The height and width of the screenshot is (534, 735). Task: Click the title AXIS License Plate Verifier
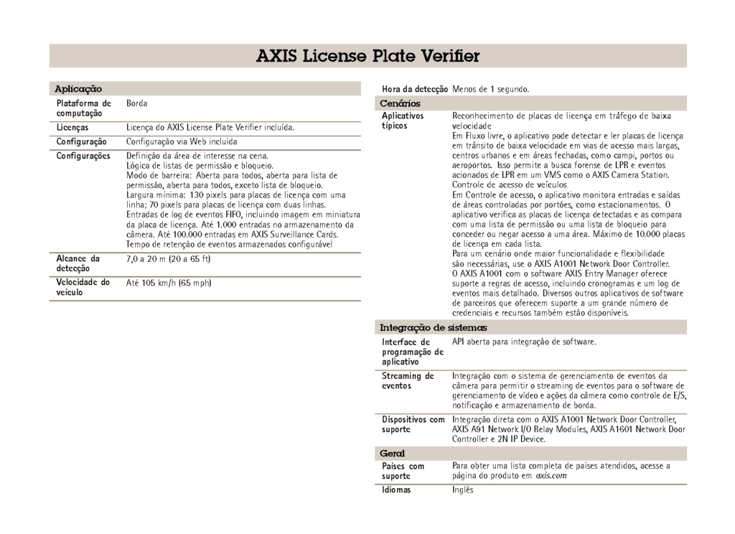pyautogui.click(x=367, y=56)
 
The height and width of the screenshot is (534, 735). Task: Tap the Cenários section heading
pyautogui.click(x=400, y=104)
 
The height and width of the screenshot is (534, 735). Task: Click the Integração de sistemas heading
pyautogui.click(x=433, y=327)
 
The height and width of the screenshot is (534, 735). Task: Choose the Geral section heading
pyautogui.click(x=392, y=454)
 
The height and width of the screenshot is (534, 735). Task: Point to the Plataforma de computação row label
pyautogui.click(x=84, y=108)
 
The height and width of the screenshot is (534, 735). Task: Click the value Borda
pyautogui.click(x=137, y=104)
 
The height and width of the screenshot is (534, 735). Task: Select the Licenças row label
pyautogui.click(x=72, y=127)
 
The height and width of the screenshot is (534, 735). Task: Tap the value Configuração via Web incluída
pyautogui.click(x=182, y=142)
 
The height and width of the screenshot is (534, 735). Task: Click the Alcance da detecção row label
pyautogui.click(x=78, y=263)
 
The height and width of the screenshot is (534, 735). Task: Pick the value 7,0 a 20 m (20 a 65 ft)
pyautogui.click(x=167, y=258)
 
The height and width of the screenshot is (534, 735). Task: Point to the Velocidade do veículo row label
pyautogui.click(x=83, y=287)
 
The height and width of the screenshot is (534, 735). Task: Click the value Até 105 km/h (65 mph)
pyautogui.click(x=169, y=283)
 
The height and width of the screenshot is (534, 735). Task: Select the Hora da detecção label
pyautogui.click(x=415, y=89)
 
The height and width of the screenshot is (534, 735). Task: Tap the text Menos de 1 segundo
pyautogui.click(x=491, y=89)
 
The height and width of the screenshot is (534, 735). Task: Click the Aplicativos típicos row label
pyautogui.click(x=403, y=120)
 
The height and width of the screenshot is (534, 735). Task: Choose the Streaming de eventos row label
pyautogui.click(x=408, y=380)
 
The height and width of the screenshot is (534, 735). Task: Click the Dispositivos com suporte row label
pyautogui.click(x=413, y=424)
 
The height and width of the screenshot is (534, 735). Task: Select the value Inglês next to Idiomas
pyautogui.click(x=463, y=490)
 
